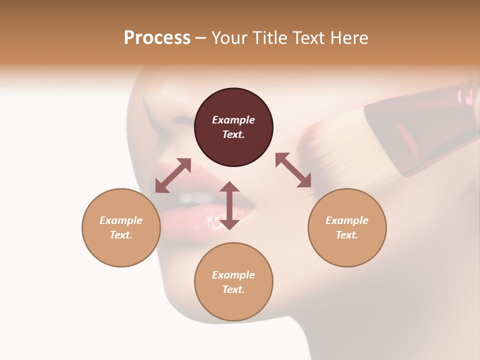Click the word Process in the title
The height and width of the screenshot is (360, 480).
pyautogui.click(x=157, y=38)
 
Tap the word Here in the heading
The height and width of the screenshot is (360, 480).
pyautogui.click(x=348, y=38)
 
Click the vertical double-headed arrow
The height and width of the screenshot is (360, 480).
pyautogui.click(x=229, y=205)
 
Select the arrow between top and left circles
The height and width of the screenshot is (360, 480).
pyautogui.click(x=173, y=175)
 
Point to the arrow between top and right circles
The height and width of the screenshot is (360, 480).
pyautogui.click(x=293, y=170)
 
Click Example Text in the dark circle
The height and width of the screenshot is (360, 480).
pyautogui.click(x=233, y=127)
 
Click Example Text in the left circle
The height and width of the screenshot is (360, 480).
pyautogui.click(x=121, y=227)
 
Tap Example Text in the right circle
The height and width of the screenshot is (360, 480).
pyautogui.click(x=347, y=227)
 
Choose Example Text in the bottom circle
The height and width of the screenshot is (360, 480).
pyautogui.click(x=233, y=282)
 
